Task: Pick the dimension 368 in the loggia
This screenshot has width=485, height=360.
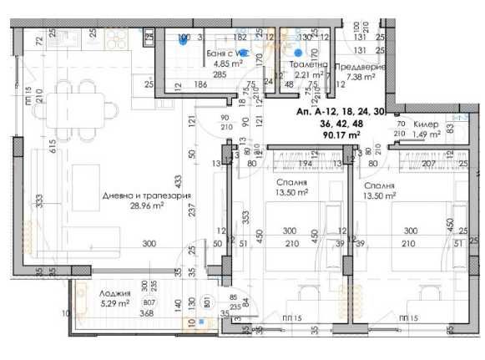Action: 147,314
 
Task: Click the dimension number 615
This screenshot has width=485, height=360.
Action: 28,147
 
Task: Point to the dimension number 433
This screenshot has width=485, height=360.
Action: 177,180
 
